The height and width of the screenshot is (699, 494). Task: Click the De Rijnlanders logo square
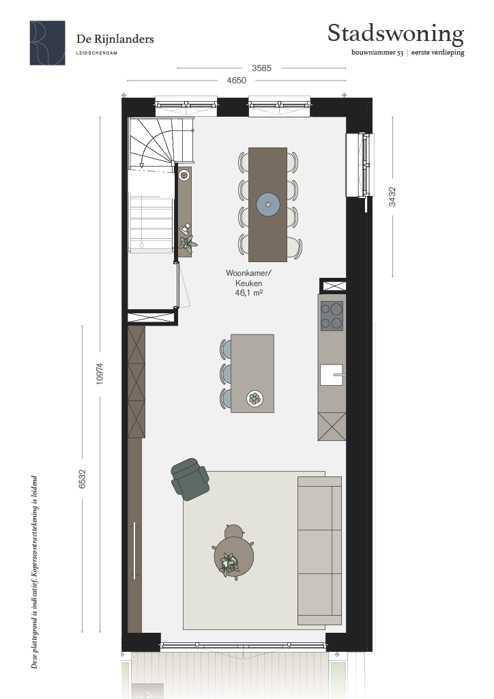47,43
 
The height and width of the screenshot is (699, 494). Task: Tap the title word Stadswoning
396,34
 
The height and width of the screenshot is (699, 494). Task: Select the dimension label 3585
261,68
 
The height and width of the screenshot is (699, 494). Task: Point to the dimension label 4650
236,81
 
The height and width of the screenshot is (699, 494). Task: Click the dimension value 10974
100,373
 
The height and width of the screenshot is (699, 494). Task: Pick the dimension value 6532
82,479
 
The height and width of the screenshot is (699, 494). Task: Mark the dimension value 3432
392,197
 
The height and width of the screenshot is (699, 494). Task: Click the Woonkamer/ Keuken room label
248,278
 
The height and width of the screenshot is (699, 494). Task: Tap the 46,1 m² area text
248,293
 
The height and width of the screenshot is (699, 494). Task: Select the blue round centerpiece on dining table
268,205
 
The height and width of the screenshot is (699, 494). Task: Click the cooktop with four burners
332,315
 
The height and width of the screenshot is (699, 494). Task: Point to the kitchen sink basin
332,375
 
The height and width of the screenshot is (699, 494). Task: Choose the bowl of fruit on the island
255,398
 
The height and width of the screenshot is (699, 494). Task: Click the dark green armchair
190,479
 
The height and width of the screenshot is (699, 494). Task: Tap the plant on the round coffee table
229,565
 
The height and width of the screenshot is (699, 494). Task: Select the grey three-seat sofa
319,551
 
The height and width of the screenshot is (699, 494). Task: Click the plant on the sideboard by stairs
188,244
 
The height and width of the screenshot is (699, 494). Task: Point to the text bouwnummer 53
377,53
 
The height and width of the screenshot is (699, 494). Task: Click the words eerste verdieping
438,53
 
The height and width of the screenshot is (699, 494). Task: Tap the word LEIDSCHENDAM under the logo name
97,53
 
